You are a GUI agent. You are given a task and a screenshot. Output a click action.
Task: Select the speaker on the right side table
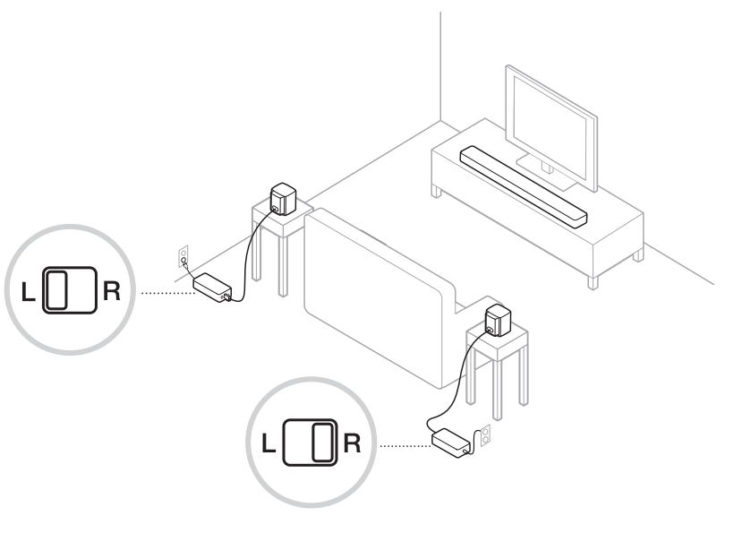[498, 321]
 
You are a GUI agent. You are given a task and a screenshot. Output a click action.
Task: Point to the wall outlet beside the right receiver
[486, 434]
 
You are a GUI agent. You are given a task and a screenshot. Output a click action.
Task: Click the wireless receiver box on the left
[213, 287]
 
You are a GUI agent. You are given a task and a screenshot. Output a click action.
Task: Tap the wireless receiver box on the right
[452, 440]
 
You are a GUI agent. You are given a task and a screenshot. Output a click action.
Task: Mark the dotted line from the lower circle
[405, 443]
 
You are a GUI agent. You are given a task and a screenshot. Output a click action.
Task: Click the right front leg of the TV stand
[592, 279]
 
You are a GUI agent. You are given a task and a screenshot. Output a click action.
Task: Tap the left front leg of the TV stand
[436, 190]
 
